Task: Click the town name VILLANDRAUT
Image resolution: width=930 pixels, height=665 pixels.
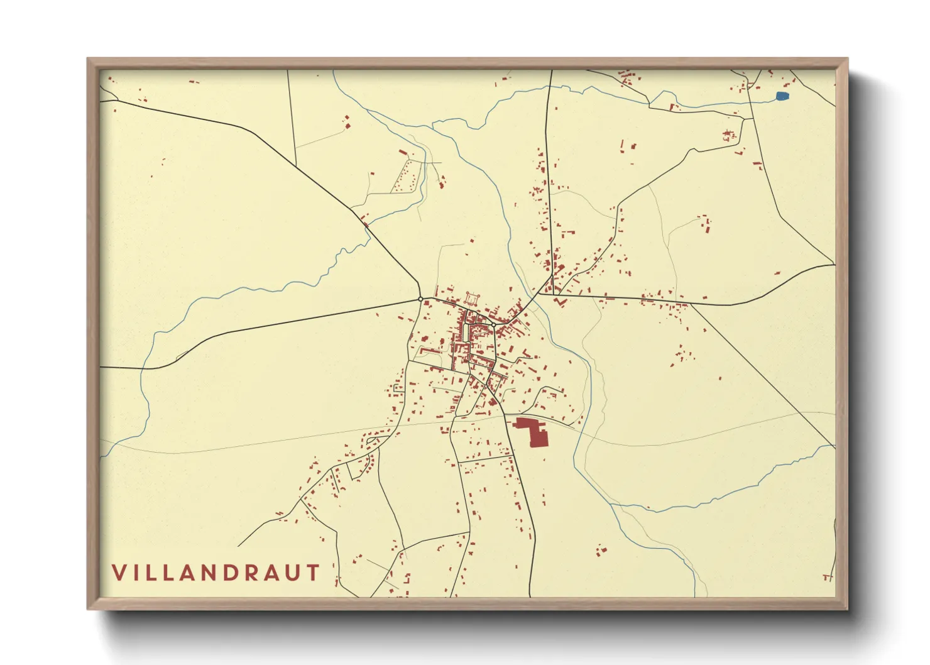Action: click(216, 573)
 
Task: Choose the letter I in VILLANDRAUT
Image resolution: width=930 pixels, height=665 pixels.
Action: click(138, 573)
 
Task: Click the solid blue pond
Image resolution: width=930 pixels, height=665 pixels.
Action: click(782, 96)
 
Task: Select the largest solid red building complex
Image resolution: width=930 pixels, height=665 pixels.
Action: click(535, 431)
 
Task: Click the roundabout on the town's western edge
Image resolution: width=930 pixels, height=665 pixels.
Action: click(420, 299)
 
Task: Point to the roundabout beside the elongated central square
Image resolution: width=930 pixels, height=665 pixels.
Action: click(494, 325)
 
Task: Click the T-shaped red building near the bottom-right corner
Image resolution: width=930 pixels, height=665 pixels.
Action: click(828, 576)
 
